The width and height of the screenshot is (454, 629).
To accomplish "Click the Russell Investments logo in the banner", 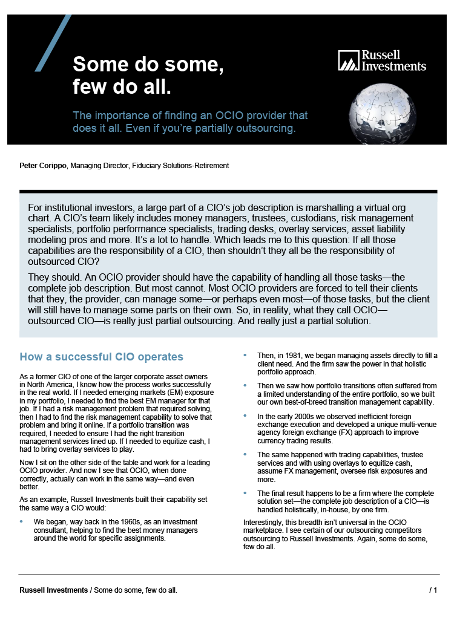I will pyautogui.click(x=381, y=60).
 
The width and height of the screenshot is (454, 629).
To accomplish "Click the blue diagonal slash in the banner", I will pyautogui.click(x=53, y=43).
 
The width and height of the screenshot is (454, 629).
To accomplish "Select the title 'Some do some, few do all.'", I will pyautogui.click(x=148, y=76).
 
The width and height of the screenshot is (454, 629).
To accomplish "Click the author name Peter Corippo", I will pyautogui.click(x=43, y=165).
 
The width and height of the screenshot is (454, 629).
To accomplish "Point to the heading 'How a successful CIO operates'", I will pyautogui.click(x=101, y=357).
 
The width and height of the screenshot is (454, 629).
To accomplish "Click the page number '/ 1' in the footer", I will pyautogui.click(x=433, y=590).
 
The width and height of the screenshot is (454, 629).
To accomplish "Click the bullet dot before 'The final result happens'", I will pyautogui.click(x=245, y=493).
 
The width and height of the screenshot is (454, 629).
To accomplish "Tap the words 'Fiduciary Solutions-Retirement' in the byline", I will pyautogui.click(x=180, y=165).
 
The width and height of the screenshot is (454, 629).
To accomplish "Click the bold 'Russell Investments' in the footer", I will pyautogui.click(x=53, y=590).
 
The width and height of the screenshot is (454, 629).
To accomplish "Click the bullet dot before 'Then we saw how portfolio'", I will pyautogui.click(x=245, y=385).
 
